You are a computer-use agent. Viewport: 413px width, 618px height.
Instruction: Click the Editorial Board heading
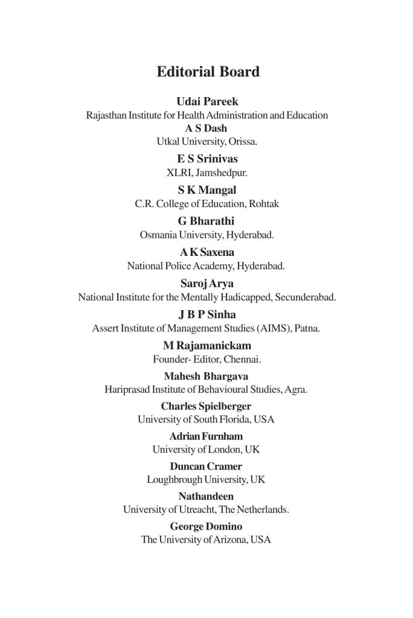point(208,72)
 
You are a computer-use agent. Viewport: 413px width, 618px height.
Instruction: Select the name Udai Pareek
point(207,102)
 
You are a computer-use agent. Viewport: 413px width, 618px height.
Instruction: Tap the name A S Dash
point(207,128)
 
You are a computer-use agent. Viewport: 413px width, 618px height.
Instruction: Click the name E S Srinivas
point(207,159)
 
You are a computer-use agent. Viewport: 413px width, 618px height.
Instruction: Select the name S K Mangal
point(207,191)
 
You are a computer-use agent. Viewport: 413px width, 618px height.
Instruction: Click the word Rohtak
point(263,203)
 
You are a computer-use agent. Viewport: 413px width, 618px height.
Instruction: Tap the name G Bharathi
point(207,221)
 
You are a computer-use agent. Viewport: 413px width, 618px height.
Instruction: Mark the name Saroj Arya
point(207,284)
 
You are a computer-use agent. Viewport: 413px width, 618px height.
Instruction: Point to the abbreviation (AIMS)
point(274,328)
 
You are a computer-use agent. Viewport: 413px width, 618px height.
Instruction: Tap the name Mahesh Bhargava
point(206,377)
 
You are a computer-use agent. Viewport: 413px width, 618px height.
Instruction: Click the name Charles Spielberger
point(206,406)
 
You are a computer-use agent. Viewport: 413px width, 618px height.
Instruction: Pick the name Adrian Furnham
point(206,436)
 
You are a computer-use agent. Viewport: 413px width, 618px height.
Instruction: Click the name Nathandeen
point(206,497)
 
